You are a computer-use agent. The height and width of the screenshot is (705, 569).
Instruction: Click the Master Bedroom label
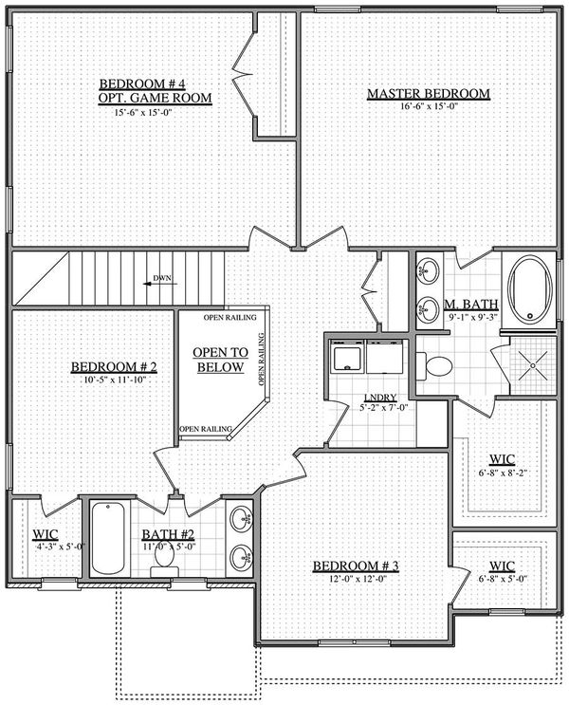tap(429, 94)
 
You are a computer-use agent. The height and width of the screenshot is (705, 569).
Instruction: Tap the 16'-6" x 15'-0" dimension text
tap(429, 106)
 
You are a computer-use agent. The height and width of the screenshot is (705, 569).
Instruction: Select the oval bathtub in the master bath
tap(530, 289)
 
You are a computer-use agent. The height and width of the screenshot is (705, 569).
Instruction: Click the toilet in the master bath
tap(434, 366)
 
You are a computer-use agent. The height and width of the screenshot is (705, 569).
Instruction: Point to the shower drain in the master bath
tap(533, 365)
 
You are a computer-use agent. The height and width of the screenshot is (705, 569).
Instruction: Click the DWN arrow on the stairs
tap(160, 284)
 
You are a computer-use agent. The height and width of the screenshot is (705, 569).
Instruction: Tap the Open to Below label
tap(220, 360)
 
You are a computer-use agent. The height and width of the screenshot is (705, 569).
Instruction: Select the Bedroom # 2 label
tap(114, 367)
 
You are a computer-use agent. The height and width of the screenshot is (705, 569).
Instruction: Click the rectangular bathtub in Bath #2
tap(108, 539)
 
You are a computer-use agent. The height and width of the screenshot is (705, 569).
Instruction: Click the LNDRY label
tap(380, 398)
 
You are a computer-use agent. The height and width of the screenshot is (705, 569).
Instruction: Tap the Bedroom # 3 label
tap(356, 566)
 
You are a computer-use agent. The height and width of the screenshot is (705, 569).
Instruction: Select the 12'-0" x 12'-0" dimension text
tap(358, 579)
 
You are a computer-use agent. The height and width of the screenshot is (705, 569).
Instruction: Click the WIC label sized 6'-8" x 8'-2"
tap(502, 459)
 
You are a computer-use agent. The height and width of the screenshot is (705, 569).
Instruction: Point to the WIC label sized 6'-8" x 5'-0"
tap(502, 566)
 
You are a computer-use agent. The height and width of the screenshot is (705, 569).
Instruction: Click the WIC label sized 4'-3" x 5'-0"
tap(45, 534)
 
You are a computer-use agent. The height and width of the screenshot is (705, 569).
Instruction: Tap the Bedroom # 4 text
tap(142, 83)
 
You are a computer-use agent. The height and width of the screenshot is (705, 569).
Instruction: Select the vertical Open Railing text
tap(261, 359)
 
